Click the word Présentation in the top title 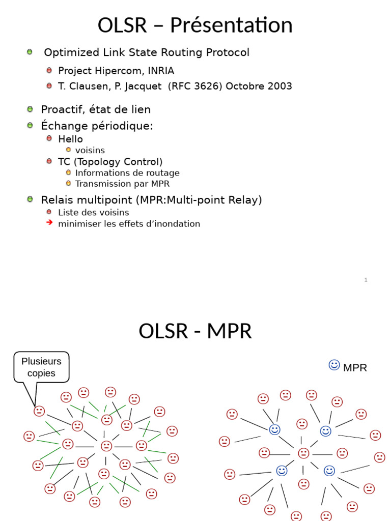coord(231,25)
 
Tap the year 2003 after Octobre coord(279,86)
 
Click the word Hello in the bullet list coord(70,139)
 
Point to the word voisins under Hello coord(90,150)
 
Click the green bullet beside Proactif coord(30,109)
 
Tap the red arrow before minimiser coord(49,223)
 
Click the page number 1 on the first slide coord(366,280)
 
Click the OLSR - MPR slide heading coord(195,331)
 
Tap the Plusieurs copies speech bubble coord(41,367)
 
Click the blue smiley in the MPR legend coord(334,365)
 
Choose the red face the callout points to coord(39,411)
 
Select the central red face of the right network coord(303,453)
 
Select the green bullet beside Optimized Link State coord(30,52)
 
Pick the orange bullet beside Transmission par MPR coord(68,183)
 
